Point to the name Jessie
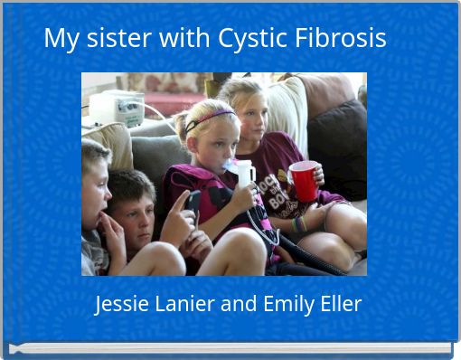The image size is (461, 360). (124, 305)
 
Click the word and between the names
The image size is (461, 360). (239, 305)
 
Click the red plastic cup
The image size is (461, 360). (305, 180)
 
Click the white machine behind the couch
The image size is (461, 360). (116, 108)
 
